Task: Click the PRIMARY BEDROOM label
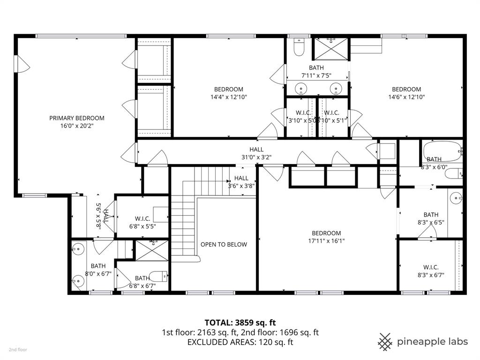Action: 77,118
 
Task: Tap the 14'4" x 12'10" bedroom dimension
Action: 229,97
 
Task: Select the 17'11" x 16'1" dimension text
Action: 326,241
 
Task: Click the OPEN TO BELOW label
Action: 224,244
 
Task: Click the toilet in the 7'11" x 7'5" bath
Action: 299,46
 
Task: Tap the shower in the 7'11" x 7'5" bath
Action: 331,47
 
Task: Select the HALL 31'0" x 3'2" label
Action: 256,153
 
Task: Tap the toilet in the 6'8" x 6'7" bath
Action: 157,276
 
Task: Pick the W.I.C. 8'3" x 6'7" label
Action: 431,271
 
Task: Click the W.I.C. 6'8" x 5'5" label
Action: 142,222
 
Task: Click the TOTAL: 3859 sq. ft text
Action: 240,322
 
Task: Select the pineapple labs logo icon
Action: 385,341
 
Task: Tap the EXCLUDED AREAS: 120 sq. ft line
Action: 240,342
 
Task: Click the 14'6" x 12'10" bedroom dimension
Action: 406,97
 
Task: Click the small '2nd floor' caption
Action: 18,350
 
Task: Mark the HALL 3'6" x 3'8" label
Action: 241,182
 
